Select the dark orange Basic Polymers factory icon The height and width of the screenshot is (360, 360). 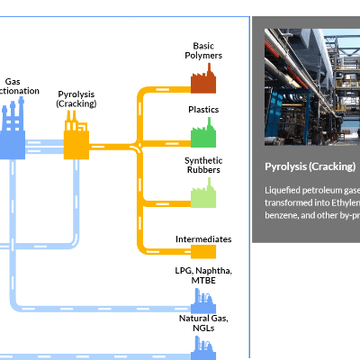(x=202, y=81)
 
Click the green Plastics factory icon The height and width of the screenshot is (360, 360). (x=203, y=135)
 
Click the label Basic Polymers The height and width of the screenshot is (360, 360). (x=203, y=50)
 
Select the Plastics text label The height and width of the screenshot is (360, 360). (x=203, y=109)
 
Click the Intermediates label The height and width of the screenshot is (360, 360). (x=203, y=239)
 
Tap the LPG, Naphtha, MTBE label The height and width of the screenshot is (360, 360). (x=203, y=276)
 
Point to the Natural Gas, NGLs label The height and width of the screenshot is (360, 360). (x=203, y=323)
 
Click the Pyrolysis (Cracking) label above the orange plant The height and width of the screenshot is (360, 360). (x=76, y=98)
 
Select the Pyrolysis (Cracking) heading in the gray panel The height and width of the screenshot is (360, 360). (x=310, y=166)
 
